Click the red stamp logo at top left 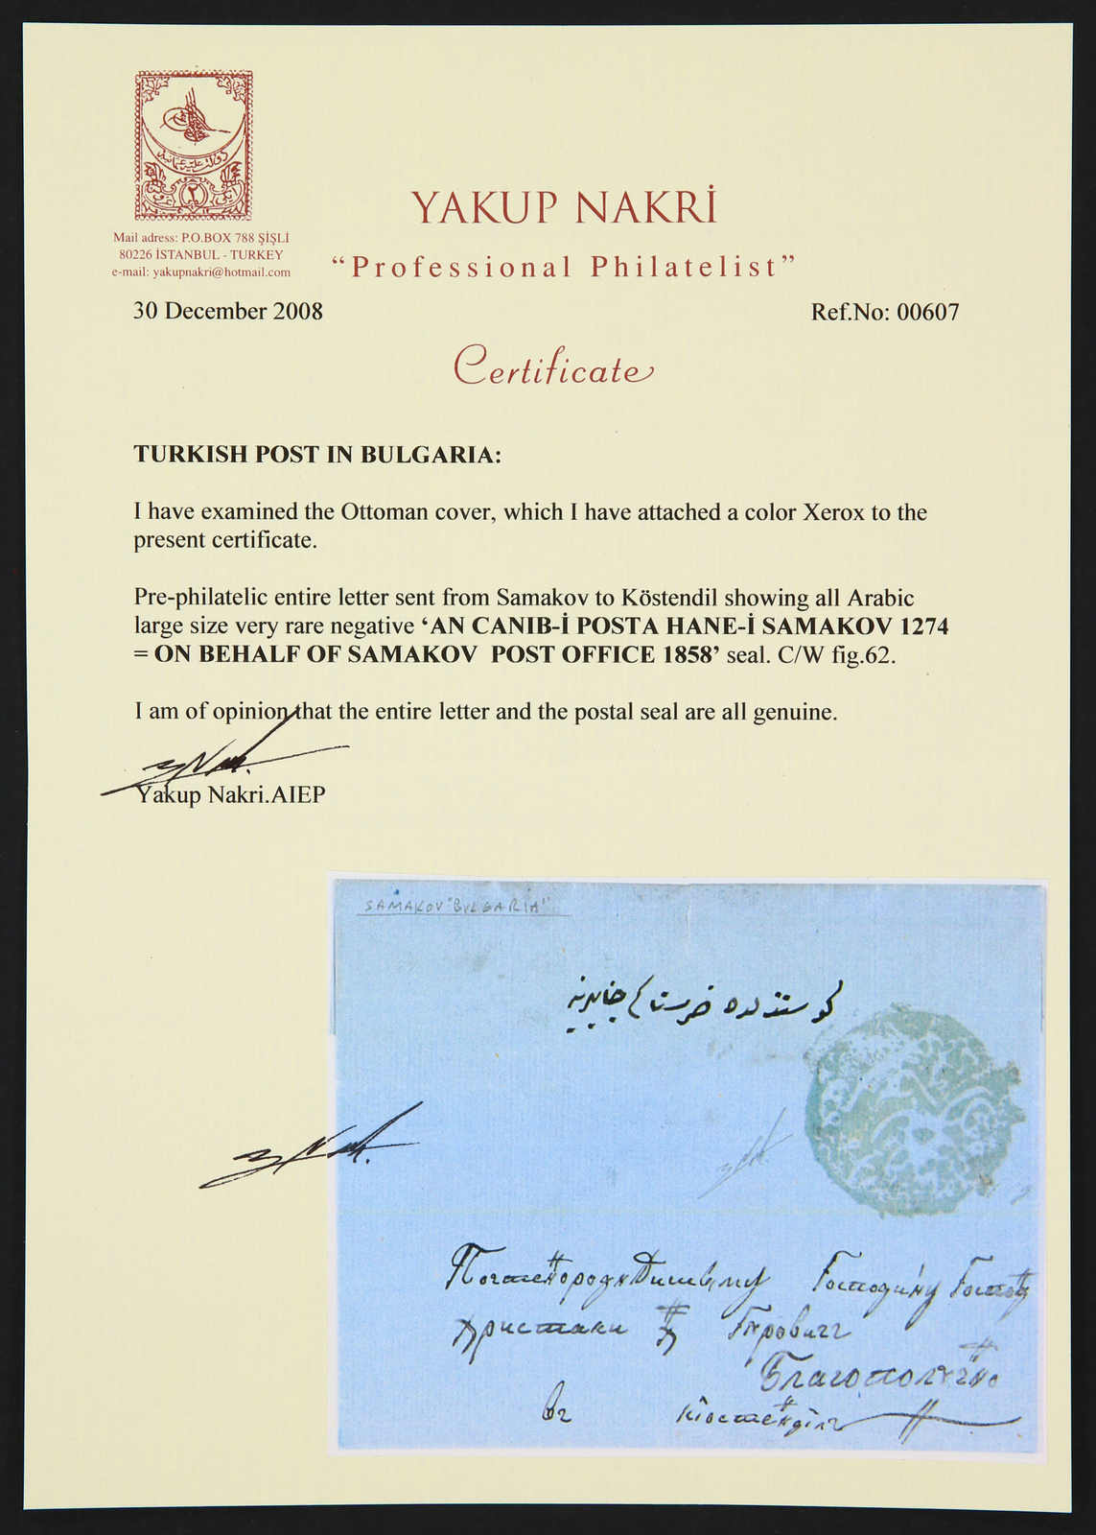coord(194,145)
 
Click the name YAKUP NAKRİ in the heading coord(564,207)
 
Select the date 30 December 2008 coord(228,312)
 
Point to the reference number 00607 coord(927,313)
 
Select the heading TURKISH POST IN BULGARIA coord(317,455)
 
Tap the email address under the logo coord(201,272)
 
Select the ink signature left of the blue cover coord(307,1150)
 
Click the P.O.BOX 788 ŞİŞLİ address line coord(201,238)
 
